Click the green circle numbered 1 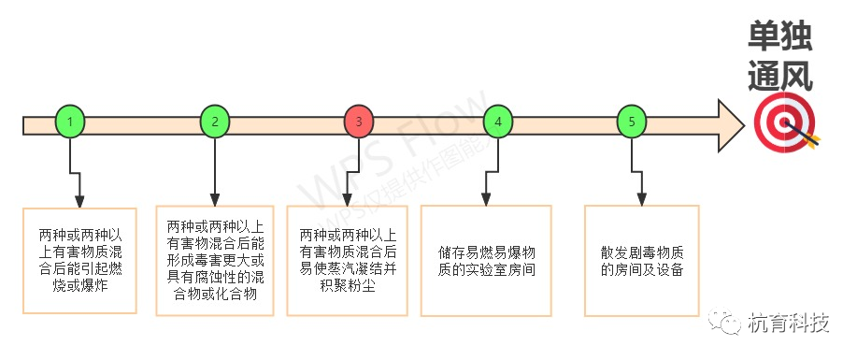71,122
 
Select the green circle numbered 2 215,122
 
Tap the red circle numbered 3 359,122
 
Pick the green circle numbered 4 498,122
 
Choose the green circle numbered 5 633,122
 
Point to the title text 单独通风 779,56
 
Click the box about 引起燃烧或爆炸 79,261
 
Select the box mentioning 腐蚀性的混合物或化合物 216,259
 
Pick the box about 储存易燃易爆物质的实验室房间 486,260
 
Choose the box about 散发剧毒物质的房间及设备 641,260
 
